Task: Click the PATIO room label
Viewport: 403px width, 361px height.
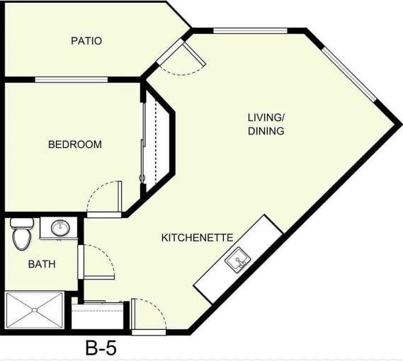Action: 86,41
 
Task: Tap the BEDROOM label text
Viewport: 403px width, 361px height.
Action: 74,144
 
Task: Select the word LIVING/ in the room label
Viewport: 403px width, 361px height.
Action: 266,117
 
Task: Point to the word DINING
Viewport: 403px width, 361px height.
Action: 266,131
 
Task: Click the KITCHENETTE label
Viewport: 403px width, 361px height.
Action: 198,237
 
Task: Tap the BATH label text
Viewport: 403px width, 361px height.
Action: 42,264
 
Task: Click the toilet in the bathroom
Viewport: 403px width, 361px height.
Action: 22,234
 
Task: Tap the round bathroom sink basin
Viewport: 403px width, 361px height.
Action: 60,228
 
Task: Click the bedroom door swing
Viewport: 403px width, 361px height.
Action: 105,198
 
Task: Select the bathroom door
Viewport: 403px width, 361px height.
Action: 96,263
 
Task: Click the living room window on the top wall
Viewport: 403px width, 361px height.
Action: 250,30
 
